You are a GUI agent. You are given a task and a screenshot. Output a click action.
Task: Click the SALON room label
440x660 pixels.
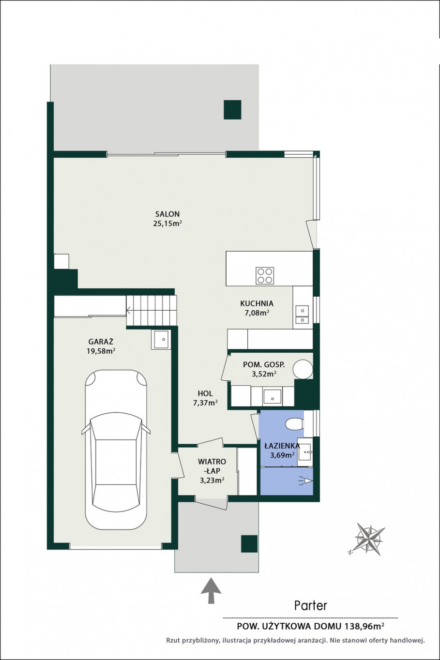(x=167, y=214)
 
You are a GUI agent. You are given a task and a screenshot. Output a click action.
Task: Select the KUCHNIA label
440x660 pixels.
(x=257, y=303)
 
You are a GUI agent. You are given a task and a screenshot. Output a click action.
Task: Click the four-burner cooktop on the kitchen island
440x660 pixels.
(x=265, y=275)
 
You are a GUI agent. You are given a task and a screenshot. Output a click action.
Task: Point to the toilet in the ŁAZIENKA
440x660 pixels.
(x=295, y=424)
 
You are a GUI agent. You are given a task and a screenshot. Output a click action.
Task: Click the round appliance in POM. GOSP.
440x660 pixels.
(x=303, y=369)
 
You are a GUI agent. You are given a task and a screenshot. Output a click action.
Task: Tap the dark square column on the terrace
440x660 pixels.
(x=232, y=110)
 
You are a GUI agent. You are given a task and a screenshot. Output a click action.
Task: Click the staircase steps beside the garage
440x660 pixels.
(x=152, y=311)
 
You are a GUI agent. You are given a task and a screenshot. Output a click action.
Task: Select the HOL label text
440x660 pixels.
(x=205, y=393)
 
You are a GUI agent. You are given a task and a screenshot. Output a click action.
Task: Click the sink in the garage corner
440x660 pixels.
(x=161, y=339)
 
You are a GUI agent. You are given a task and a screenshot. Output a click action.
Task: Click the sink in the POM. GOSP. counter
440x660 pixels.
(x=273, y=396)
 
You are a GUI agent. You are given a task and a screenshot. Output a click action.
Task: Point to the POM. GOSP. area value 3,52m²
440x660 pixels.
(x=264, y=374)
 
